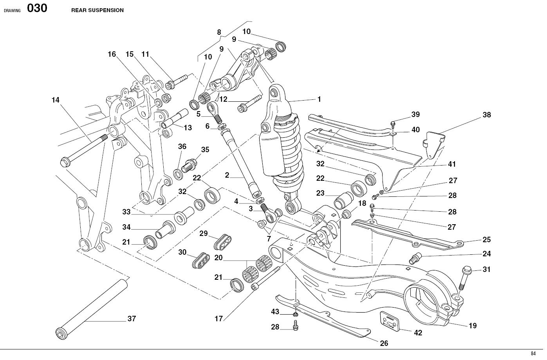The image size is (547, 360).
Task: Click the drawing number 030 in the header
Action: (x=37, y=9)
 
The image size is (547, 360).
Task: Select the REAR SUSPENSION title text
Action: (x=97, y=11)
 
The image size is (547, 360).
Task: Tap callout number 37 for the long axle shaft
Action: (x=132, y=319)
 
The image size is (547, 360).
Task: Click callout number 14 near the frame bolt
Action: (x=55, y=100)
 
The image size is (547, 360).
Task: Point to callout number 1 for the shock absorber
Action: (x=319, y=99)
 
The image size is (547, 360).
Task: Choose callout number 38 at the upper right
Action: (x=486, y=115)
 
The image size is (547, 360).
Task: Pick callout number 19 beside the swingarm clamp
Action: (x=473, y=326)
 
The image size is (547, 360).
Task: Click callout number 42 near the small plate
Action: (x=418, y=333)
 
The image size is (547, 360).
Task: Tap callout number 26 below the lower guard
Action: (x=384, y=343)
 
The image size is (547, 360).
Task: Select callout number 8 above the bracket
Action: (x=219, y=32)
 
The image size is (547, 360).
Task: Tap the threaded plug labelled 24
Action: (x=415, y=258)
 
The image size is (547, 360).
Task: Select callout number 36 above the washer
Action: (x=182, y=147)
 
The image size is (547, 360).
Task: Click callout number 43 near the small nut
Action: (x=275, y=312)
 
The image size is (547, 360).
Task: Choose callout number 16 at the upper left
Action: (x=112, y=54)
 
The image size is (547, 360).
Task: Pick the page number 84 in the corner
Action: (x=533, y=354)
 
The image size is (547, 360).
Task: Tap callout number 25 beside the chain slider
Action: (x=486, y=240)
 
